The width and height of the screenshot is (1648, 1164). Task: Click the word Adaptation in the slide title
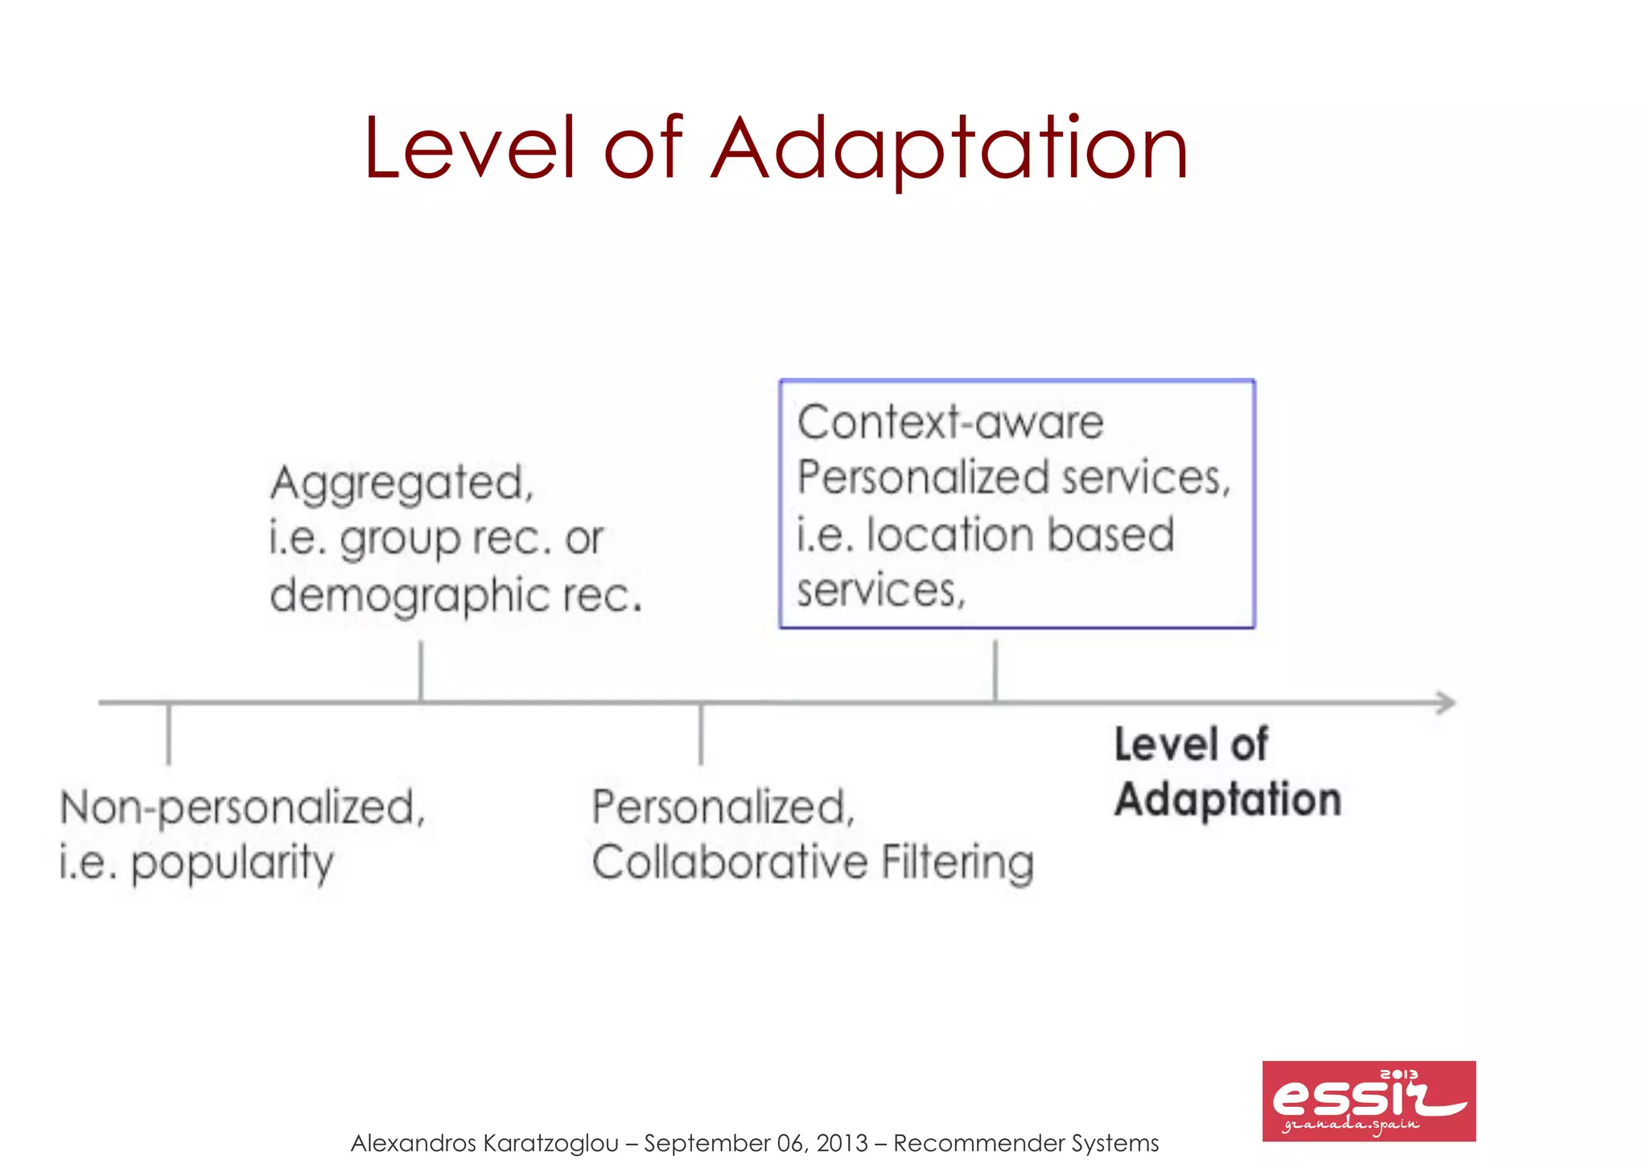[949, 149]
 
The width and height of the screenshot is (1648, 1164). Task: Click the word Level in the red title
[470, 149]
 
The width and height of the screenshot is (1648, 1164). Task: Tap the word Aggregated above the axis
[402, 483]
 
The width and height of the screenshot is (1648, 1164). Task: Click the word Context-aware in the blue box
[950, 422]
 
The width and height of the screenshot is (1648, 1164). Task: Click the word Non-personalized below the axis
[242, 808]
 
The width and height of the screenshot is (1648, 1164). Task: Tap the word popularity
[232, 863]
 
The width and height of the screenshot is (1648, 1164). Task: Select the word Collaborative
[730, 862]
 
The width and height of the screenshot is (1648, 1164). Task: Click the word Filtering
[958, 862]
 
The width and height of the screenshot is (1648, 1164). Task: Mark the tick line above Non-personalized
[169, 734]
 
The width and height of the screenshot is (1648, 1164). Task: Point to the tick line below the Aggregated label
[421, 671]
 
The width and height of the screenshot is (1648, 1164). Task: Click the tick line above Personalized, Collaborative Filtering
[701, 734]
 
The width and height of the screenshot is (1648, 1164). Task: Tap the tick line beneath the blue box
[995, 671]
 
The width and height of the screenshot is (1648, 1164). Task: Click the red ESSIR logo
[1368, 1100]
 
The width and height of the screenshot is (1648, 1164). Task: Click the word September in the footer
[707, 1143]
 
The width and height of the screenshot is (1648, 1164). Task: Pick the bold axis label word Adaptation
[1228, 800]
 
